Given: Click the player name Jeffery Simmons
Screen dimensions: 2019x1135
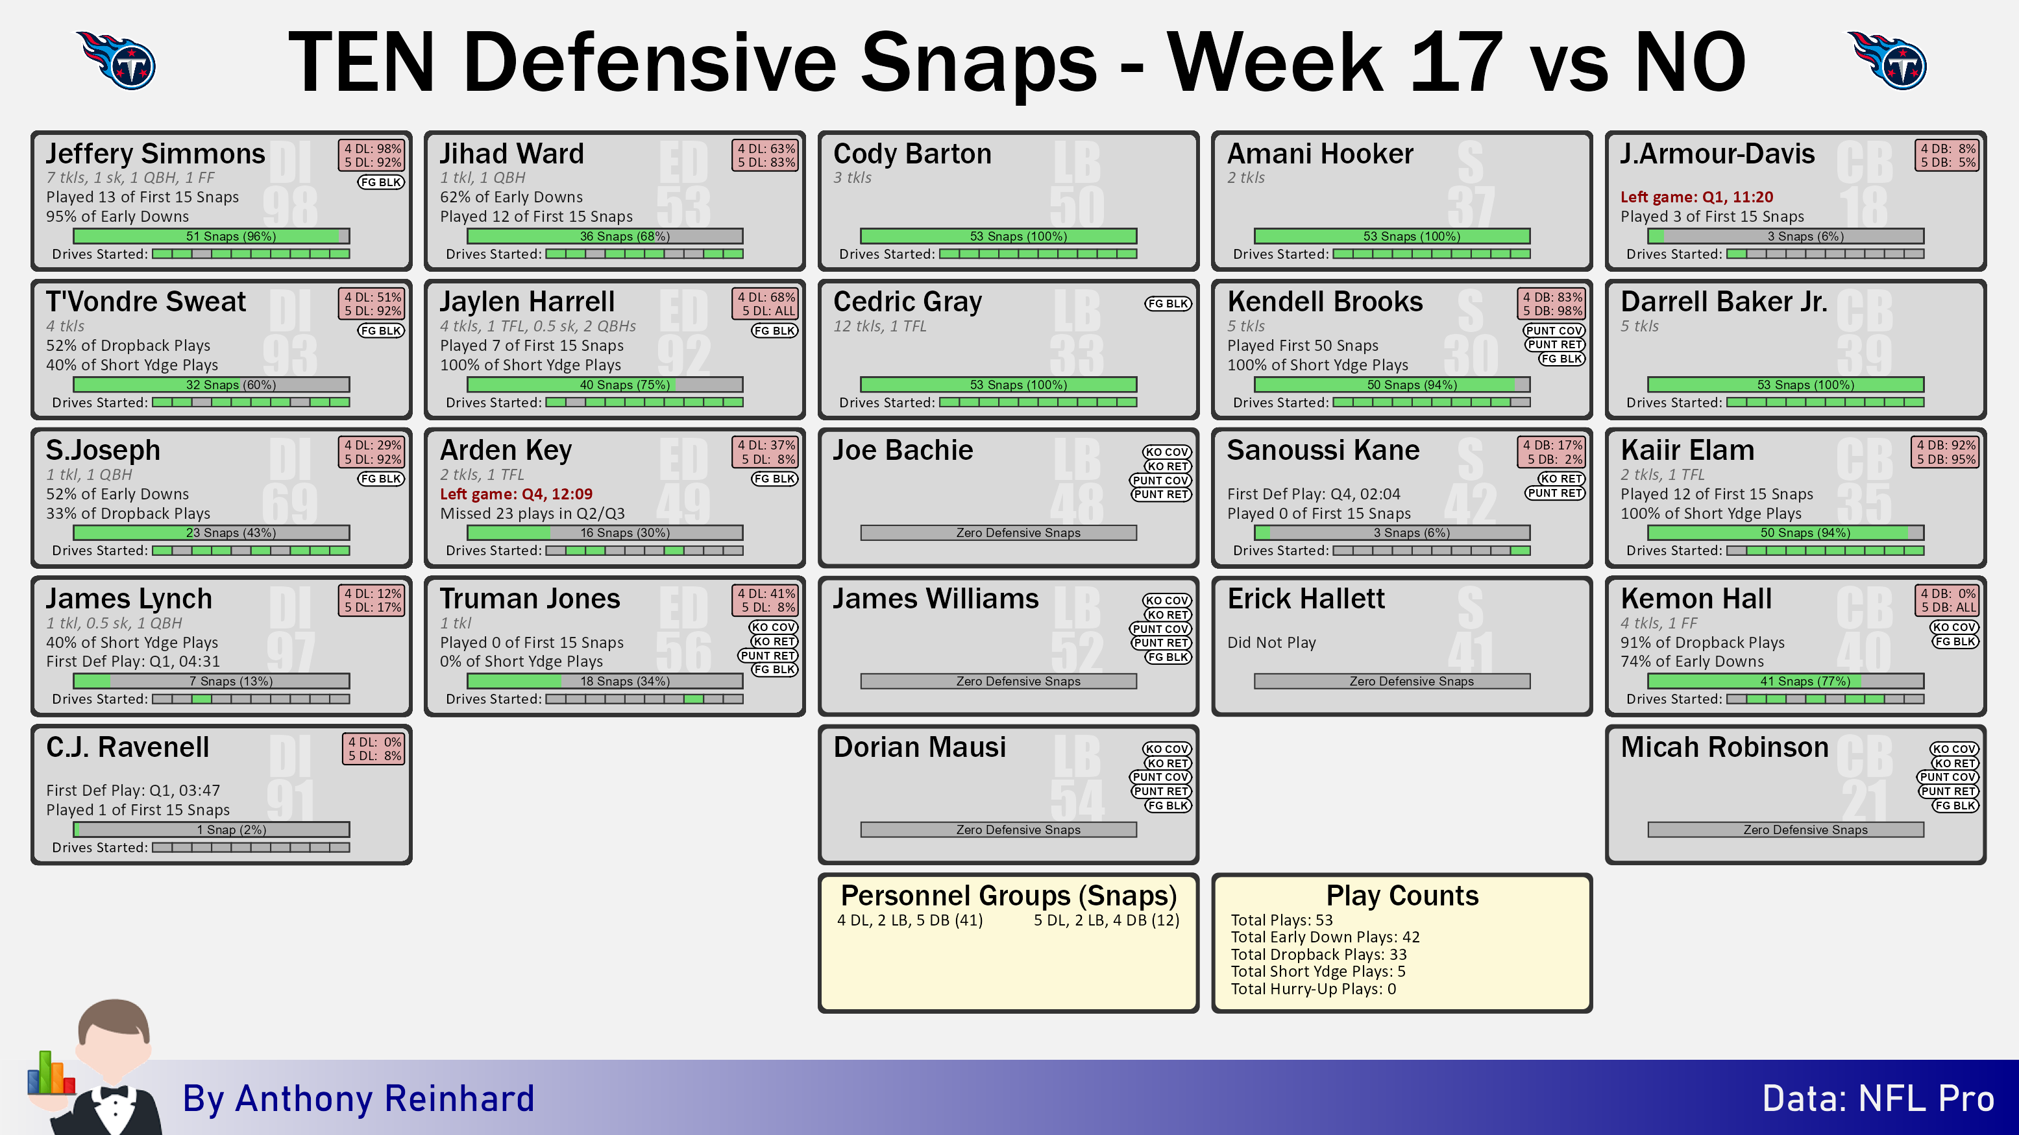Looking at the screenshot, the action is click(155, 154).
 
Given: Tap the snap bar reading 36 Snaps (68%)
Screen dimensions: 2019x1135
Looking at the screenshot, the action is click(605, 236).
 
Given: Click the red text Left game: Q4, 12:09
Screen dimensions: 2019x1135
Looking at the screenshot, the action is click(516, 494).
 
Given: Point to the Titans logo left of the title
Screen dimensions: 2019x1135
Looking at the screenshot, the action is click(117, 60).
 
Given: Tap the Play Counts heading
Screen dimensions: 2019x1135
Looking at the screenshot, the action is click(1402, 895).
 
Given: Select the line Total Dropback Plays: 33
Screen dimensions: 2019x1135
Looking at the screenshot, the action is click(1318, 954).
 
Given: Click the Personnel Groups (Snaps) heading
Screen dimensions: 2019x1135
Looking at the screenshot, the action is click(1009, 895).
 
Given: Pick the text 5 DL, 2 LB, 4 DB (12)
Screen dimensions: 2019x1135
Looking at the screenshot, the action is click(1106, 920).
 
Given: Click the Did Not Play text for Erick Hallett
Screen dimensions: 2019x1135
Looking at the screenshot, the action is click(1271, 642).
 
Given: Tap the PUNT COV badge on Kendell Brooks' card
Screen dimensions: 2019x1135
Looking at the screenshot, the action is click(1554, 331).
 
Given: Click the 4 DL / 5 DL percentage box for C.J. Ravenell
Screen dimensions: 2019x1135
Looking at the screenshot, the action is click(374, 749).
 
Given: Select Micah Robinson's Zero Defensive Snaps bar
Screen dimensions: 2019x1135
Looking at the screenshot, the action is click(1785, 830).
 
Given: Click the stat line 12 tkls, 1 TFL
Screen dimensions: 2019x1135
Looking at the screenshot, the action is click(879, 326).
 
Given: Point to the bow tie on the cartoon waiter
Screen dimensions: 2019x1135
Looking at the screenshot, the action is click(114, 1093).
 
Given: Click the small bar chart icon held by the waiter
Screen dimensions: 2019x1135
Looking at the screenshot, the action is click(51, 1073).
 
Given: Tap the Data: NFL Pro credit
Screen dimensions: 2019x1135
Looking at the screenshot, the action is click(1878, 1099).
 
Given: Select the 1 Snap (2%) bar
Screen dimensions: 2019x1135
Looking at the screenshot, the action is click(212, 830).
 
